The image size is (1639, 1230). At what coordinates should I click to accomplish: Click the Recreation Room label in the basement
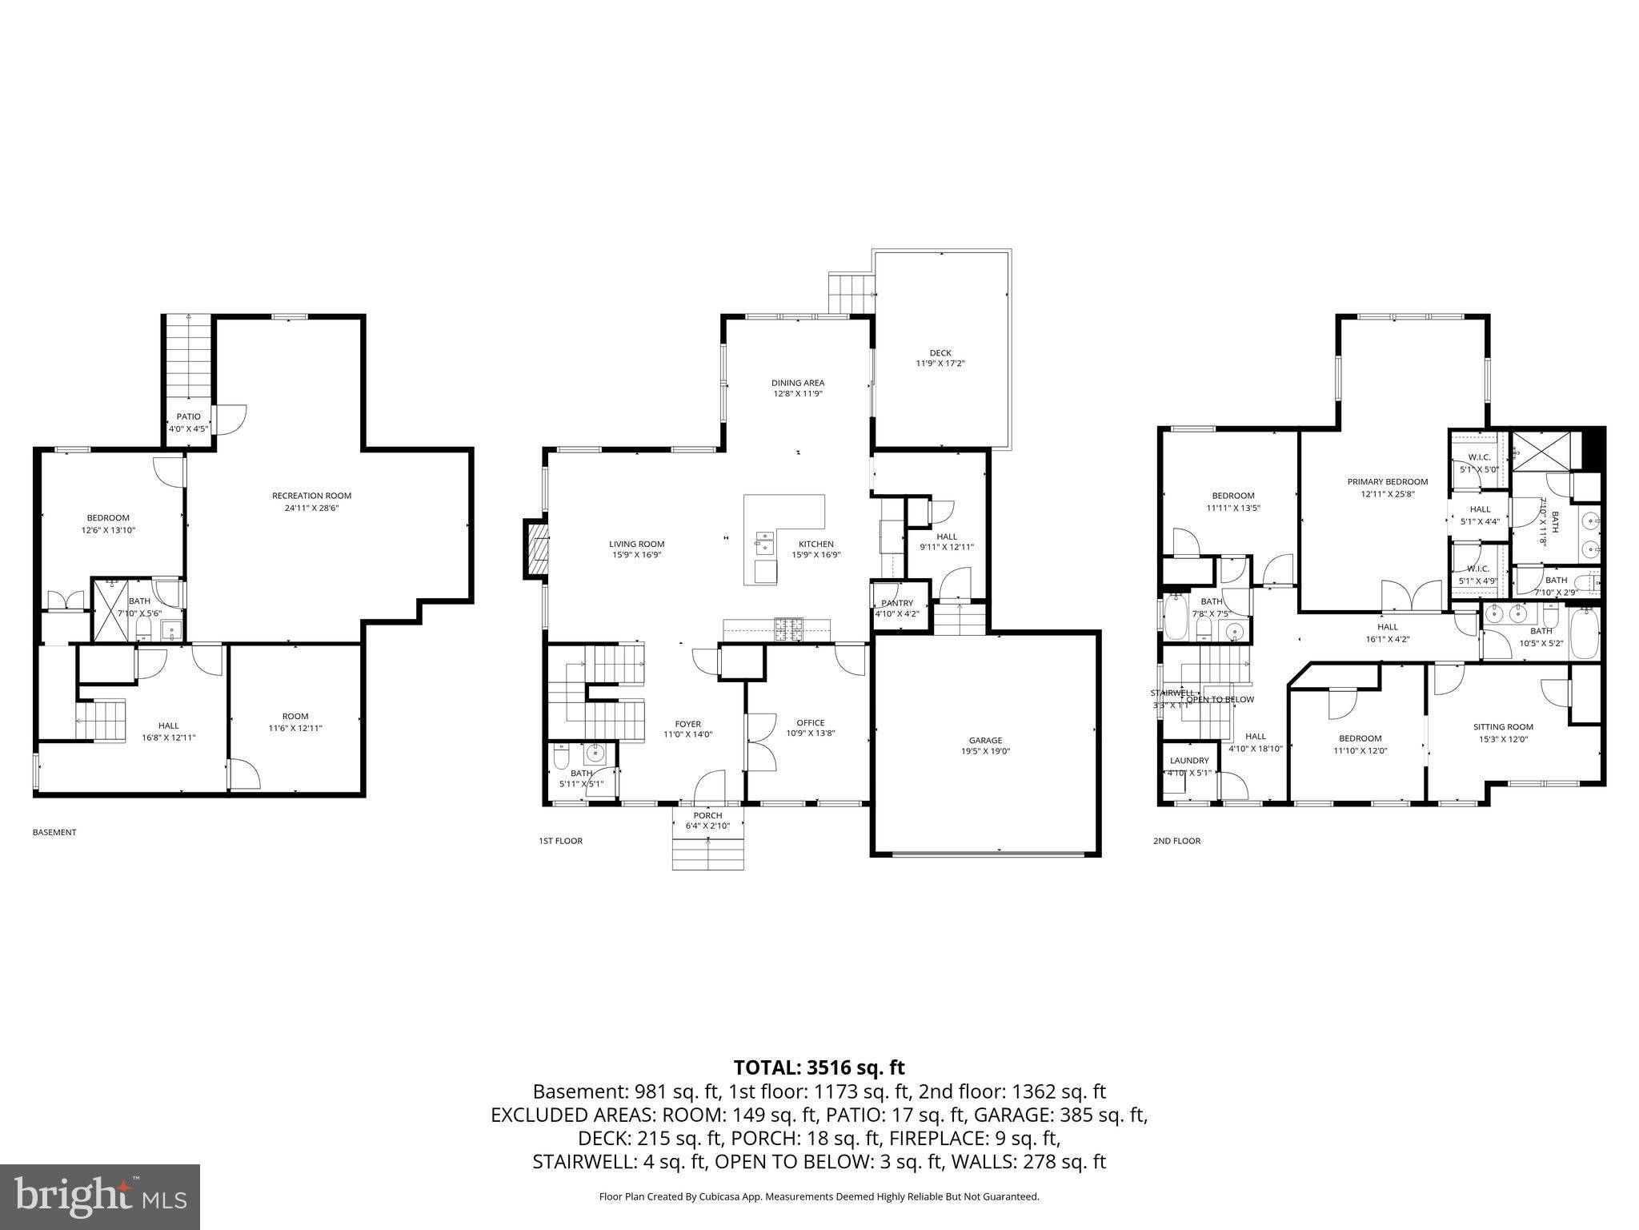[311, 496]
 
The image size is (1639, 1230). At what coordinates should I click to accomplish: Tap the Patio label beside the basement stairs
[189, 416]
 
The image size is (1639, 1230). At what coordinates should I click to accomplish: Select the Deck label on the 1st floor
[940, 353]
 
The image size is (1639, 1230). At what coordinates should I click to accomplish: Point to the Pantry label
[896, 603]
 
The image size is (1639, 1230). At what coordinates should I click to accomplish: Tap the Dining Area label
[797, 383]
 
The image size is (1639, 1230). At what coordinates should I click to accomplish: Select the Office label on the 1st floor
[810, 722]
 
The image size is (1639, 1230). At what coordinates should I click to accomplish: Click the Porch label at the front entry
[708, 815]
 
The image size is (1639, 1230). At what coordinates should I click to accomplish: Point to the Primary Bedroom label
[1387, 482]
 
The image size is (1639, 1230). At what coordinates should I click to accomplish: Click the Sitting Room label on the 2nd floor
[1503, 727]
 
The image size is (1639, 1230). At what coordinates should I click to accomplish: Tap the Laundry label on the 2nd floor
[1188, 761]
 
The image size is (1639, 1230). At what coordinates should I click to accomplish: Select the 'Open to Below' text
[1220, 699]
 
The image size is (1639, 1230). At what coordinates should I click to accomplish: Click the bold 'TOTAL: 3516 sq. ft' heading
[819, 1067]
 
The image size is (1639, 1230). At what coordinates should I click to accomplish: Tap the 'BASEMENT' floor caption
[54, 832]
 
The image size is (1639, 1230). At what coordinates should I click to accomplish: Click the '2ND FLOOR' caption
[1176, 841]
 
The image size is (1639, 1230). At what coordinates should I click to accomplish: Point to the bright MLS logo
[100, 1197]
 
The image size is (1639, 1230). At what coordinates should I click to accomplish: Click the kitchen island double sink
[763, 542]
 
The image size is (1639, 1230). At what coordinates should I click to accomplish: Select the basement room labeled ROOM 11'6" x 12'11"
[295, 722]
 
